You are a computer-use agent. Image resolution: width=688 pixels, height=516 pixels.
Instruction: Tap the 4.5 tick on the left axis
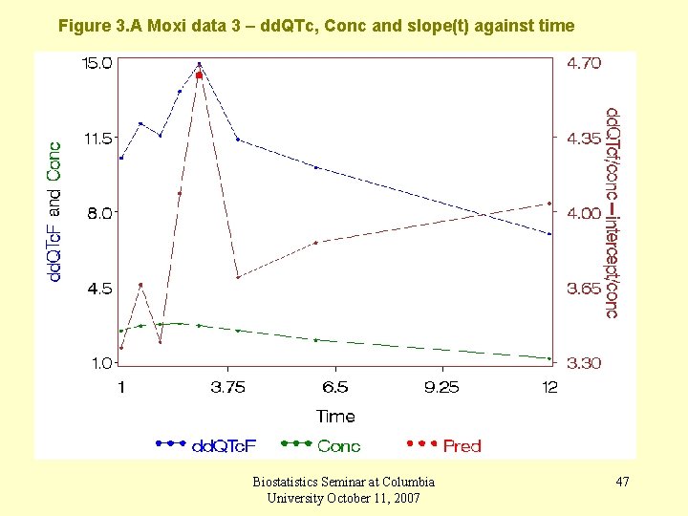click(x=98, y=288)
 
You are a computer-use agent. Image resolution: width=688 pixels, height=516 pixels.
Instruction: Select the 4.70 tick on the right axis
click(x=584, y=63)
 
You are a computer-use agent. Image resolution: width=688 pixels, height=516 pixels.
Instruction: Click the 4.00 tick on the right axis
click(x=584, y=213)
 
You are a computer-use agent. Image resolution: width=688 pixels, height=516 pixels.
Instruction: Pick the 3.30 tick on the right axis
click(x=584, y=363)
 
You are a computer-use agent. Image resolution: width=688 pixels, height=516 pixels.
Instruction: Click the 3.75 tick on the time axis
click(x=227, y=387)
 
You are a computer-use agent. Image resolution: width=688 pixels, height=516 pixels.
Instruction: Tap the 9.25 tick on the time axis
click(x=441, y=387)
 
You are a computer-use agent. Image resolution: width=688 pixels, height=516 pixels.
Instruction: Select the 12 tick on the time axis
click(x=549, y=387)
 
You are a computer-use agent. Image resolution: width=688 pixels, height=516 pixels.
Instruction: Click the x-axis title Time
click(x=335, y=416)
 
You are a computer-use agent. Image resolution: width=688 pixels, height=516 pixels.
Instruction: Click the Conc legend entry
click(x=338, y=445)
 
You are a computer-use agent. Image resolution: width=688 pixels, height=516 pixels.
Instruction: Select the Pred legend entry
click(x=462, y=445)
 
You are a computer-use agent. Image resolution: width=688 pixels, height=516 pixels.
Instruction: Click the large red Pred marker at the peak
click(x=199, y=75)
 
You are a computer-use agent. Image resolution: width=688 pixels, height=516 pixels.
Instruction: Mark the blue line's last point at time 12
click(x=549, y=234)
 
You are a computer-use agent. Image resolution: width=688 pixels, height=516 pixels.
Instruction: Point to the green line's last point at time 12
click(x=549, y=358)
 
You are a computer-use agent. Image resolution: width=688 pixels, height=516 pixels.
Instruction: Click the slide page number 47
click(x=622, y=482)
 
